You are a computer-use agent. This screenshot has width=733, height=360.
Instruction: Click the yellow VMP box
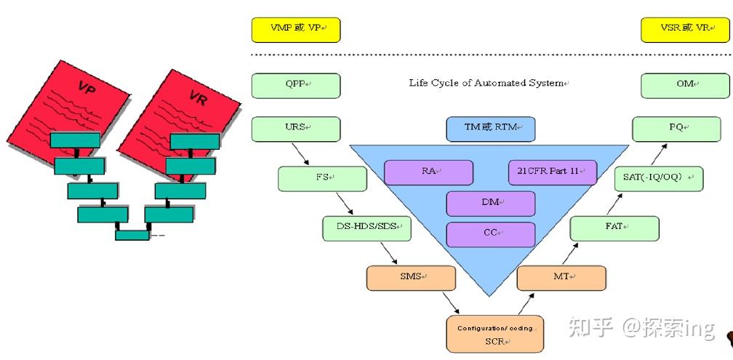[295, 29]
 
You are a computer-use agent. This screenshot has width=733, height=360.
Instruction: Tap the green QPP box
[295, 85]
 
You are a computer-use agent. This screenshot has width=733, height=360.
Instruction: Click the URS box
[295, 129]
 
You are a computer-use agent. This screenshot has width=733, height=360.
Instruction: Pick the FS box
[322, 178]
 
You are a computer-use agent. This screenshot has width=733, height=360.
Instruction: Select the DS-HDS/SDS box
[366, 228]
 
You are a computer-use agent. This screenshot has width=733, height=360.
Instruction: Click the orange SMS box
[411, 278]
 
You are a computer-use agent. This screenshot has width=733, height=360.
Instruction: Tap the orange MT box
[561, 278]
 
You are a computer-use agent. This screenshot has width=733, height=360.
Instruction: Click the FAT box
[614, 228]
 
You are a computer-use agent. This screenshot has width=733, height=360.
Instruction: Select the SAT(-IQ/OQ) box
[659, 178]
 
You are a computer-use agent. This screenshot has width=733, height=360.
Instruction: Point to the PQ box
[676, 129]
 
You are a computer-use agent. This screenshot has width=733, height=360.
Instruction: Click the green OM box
[684, 85]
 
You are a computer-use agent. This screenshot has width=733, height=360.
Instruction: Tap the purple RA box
[428, 172]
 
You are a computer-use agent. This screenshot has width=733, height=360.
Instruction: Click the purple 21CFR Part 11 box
[552, 172]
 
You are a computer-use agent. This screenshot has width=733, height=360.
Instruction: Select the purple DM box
[490, 204]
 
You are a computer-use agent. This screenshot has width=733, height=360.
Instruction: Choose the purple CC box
[490, 234]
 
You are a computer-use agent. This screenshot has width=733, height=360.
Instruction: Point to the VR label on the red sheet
[197, 97]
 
